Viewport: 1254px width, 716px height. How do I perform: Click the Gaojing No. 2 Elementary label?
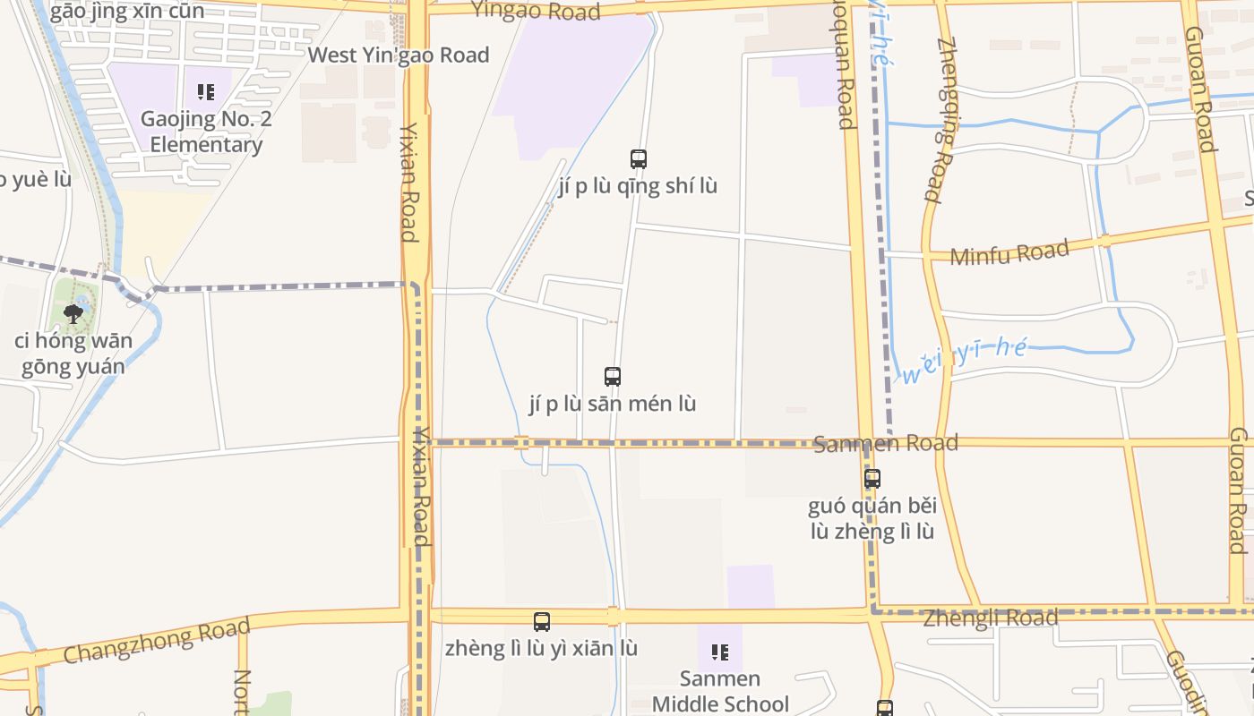(x=206, y=132)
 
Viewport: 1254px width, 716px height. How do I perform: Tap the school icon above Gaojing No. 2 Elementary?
(x=206, y=91)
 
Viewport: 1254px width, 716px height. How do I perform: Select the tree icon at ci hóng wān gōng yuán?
(x=73, y=313)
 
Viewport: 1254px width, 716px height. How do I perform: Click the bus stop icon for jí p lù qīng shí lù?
(x=638, y=159)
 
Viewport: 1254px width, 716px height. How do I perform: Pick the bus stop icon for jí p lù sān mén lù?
(x=613, y=377)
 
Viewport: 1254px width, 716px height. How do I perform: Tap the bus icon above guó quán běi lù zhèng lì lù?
(x=872, y=479)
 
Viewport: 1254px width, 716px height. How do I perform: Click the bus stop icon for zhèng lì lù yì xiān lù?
(x=542, y=622)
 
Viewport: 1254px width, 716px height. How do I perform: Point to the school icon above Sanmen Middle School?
(x=719, y=652)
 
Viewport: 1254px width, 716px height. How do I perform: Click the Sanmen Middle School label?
(x=719, y=691)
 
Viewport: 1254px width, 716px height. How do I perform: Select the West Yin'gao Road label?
(x=399, y=55)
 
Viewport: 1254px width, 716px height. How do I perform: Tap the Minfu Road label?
(x=1009, y=253)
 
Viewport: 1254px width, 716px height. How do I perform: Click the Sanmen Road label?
(x=885, y=443)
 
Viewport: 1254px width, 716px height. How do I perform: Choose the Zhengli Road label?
(x=990, y=618)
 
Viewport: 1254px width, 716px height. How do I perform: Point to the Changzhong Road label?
(x=157, y=641)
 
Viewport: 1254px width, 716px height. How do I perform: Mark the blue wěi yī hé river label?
(x=963, y=358)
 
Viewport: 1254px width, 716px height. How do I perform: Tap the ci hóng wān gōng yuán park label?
(x=73, y=354)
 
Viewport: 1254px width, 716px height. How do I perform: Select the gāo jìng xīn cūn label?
(x=127, y=12)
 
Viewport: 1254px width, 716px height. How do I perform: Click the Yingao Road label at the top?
(x=535, y=11)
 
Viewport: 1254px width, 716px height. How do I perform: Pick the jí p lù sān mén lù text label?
(x=613, y=404)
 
